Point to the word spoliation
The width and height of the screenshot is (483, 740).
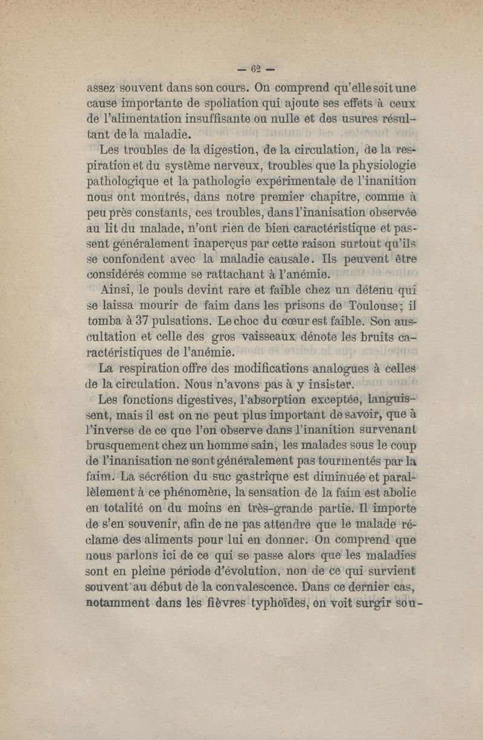(160, 100)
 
